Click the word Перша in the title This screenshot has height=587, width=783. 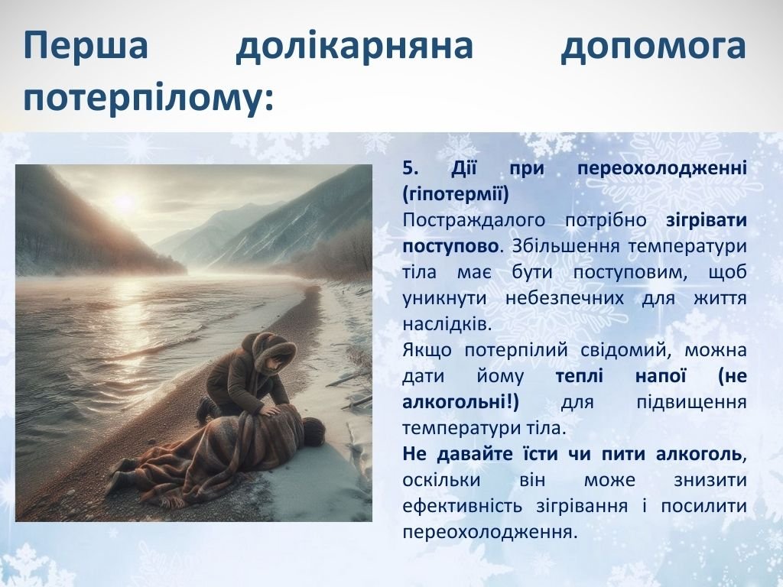click(x=86, y=45)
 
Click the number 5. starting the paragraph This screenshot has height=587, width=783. click(x=411, y=167)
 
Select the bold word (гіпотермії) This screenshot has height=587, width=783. click(x=456, y=193)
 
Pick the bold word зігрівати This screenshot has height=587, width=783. click(x=707, y=220)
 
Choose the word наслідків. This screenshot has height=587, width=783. click(x=448, y=324)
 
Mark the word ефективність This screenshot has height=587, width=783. click(x=463, y=506)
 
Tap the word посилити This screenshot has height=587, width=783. click(x=704, y=506)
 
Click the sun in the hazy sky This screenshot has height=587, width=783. click(x=123, y=202)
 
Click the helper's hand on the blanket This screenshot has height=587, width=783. click(x=270, y=410)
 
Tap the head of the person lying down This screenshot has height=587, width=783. click(x=314, y=430)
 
